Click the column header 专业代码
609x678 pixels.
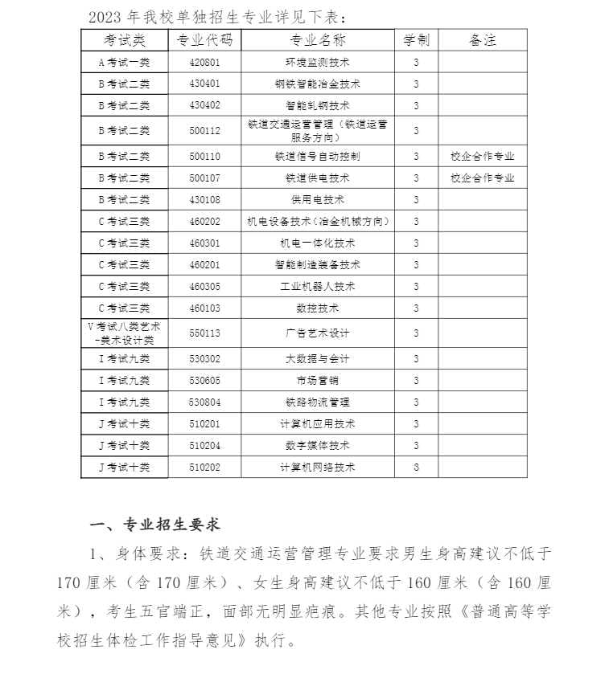[x=204, y=40]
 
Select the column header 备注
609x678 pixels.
[x=482, y=40]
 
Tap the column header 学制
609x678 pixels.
[x=416, y=40]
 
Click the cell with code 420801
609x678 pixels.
[x=204, y=62]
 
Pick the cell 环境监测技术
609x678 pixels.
[x=317, y=62]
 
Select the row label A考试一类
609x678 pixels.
[x=124, y=62]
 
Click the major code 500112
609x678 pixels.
[x=204, y=130]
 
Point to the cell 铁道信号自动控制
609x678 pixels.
[x=317, y=156]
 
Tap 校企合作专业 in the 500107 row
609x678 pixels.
[x=482, y=178]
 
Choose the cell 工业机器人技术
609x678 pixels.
[x=317, y=286]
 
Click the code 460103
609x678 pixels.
[x=204, y=308]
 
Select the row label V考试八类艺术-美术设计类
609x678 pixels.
[x=124, y=333]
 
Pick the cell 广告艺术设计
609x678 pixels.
[x=317, y=333]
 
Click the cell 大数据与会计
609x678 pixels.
[x=317, y=358]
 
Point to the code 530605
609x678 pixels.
[x=204, y=380]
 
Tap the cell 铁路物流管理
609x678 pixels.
[x=317, y=402]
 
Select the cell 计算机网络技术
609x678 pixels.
[x=317, y=467]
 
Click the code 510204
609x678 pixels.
[x=204, y=445]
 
